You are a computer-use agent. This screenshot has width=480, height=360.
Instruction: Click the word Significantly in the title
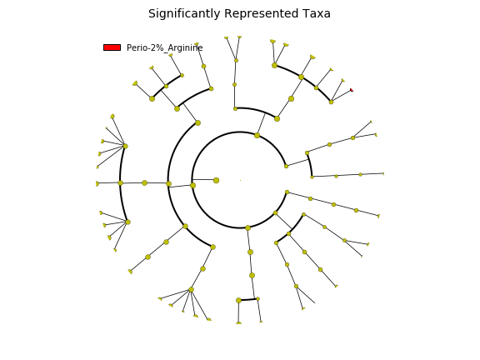[x=184, y=14]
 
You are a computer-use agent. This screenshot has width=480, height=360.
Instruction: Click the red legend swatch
[x=112, y=47]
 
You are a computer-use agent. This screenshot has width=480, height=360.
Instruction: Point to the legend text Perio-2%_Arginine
[x=165, y=47]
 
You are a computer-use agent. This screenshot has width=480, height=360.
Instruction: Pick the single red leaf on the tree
[x=352, y=90]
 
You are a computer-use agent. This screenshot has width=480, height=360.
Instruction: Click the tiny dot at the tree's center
[x=240, y=180]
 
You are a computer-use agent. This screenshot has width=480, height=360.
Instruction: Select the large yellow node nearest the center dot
[x=216, y=180]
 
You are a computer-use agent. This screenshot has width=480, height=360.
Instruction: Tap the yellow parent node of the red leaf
[x=331, y=102]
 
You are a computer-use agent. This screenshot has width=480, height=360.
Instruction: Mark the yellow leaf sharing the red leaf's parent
[x=342, y=81]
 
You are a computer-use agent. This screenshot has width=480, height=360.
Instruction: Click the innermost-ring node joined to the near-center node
[x=192, y=185]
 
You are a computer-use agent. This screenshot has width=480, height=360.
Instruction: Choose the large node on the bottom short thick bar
[x=239, y=300]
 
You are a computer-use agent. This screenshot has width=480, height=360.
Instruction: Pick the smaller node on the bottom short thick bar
[x=257, y=299]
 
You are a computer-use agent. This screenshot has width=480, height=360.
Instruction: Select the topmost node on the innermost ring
[x=257, y=135]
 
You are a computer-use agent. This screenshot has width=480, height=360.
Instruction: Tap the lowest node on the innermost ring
[x=248, y=227]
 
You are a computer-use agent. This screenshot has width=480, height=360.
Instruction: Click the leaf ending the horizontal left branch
[x=97, y=183]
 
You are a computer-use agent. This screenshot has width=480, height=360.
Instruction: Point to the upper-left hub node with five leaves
[x=126, y=146]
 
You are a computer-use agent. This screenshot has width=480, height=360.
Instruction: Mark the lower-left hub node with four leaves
[x=128, y=222]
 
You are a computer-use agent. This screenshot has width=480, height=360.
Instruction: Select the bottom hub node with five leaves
[x=192, y=290]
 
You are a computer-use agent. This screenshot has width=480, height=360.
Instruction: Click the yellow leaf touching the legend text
[x=197, y=44]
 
